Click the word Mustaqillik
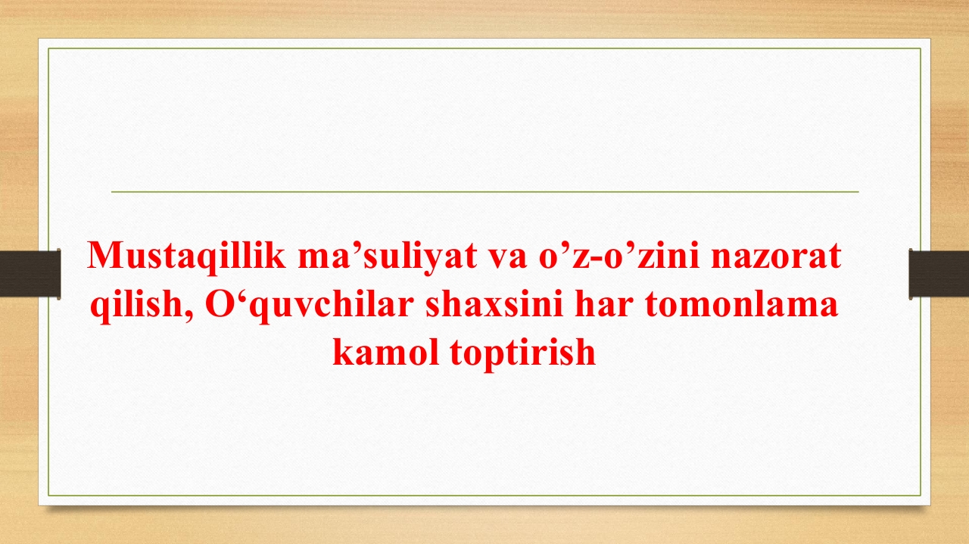(x=186, y=256)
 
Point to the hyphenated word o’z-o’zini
(x=619, y=255)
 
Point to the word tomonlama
(x=741, y=306)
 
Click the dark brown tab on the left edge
(x=30, y=274)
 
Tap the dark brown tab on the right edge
(x=939, y=274)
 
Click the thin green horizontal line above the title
(x=485, y=191)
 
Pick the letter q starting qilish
(x=99, y=309)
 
